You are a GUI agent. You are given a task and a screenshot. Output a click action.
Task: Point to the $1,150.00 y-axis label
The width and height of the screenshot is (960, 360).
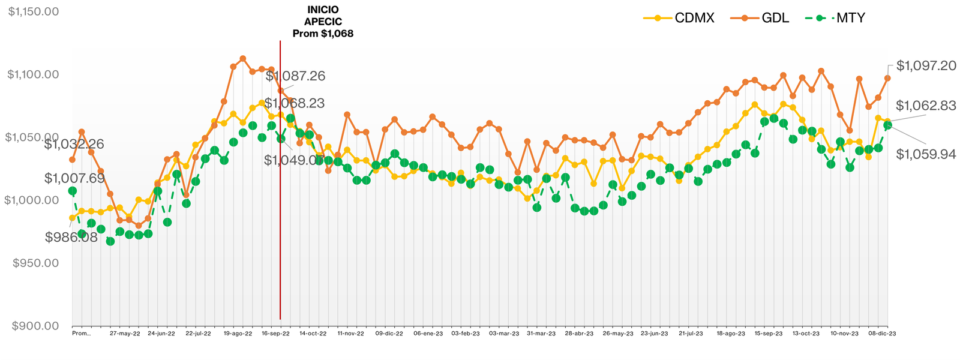[x=33, y=11]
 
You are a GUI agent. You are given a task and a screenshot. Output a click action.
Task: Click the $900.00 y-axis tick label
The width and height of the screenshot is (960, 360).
[x=35, y=326]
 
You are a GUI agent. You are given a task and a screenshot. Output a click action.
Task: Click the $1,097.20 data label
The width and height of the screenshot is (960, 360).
[x=926, y=65]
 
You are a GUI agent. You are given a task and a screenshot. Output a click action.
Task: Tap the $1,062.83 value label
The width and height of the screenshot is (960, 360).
[x=926, y=106]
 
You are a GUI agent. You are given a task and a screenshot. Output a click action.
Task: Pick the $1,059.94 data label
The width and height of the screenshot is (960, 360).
[x=926, y=154]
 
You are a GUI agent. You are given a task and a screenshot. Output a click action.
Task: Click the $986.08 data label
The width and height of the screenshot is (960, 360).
[x=71, y=237]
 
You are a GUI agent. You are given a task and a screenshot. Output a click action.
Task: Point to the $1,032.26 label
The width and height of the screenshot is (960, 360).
[x=74, y=144]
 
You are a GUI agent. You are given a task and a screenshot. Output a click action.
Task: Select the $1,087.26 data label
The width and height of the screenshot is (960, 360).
[x=295, y=76]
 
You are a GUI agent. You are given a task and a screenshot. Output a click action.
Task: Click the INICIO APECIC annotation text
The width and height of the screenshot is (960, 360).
[x=323, y=22]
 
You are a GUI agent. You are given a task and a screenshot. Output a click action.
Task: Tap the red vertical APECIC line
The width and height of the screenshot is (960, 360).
[x=280, y=180]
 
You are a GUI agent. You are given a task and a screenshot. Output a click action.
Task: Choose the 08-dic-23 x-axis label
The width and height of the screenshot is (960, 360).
[x=883, y=333]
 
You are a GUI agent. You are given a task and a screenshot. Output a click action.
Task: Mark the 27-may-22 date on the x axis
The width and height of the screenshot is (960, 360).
[x=125, y=333]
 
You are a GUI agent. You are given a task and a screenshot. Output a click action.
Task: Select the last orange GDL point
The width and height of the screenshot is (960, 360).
[x=887, y=78]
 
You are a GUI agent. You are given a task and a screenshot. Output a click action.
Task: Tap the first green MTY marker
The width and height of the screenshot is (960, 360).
[x=73, y=191]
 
